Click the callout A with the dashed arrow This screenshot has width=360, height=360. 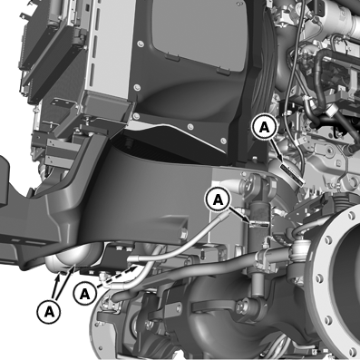85,294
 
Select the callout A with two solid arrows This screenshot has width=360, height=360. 49,312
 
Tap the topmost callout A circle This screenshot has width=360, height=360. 265,127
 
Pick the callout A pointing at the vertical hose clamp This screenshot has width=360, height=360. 218,199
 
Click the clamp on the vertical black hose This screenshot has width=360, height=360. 259,224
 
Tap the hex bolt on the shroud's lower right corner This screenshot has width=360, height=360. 184,234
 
